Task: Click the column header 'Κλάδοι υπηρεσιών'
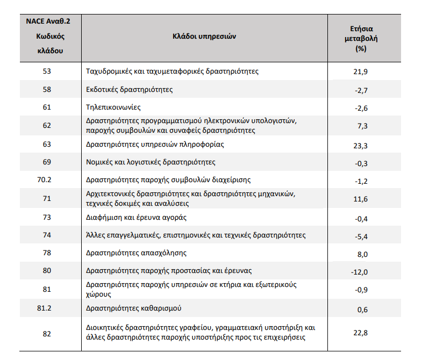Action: [204, 37]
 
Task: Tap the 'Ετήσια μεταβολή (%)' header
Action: [361, 39]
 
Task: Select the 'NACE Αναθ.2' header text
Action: [48, 21]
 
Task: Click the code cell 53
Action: [47, 71]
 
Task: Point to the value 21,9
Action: [360, 71]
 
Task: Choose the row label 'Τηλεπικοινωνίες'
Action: [113, 107]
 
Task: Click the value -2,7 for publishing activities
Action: [361, 90]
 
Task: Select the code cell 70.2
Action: [44, 180]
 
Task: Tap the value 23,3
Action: [360, 146]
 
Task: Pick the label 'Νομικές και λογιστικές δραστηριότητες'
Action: [151, 162]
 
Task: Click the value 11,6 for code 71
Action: [360, 199]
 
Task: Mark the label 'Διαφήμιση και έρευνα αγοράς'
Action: [136, 218]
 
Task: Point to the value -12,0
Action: [359, 272]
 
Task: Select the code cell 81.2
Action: [44, 308]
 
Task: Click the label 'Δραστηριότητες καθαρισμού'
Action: [133, 308]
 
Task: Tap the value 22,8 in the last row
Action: [360, 333]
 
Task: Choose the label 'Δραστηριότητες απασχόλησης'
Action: [136, 253]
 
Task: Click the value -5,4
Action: [361, 236]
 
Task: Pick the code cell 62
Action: [47, 125]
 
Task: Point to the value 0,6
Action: [362, 309]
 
